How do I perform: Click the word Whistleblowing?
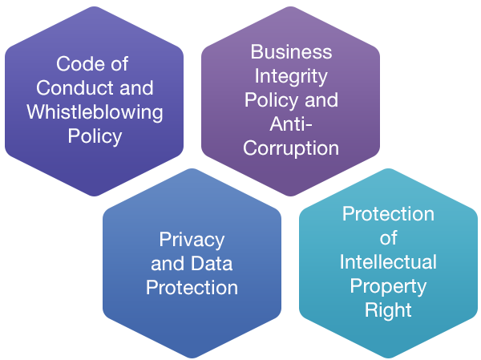(95, 112)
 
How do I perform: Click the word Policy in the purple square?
(95, 136)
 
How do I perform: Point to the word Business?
(291, 52)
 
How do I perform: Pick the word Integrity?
(291, 76)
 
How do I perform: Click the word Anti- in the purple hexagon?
(291, 124)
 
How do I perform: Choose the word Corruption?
(291, 148)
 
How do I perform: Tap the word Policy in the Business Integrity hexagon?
(271, 100)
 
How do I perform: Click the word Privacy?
(192, 239)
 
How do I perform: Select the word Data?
(212, 263)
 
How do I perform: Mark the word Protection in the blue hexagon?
(192, 287)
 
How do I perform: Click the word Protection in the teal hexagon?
(388, 214)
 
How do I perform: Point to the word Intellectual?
(388, 262)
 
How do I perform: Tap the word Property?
(388, 286)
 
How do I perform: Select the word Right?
(388, 310)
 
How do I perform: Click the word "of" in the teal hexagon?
(388, 238)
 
